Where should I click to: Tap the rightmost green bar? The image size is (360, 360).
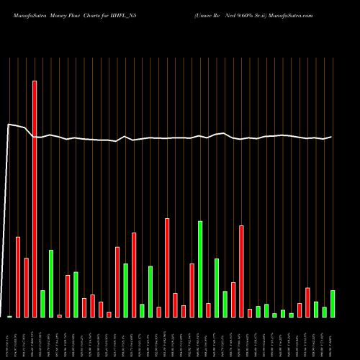(333, 303)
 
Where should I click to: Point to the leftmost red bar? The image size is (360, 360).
(18, 276)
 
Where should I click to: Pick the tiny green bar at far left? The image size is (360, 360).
(9, 316)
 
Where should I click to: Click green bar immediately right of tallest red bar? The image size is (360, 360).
(42, 303)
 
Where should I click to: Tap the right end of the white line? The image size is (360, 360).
(332, 137)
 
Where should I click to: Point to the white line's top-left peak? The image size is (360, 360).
(9, 125)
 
